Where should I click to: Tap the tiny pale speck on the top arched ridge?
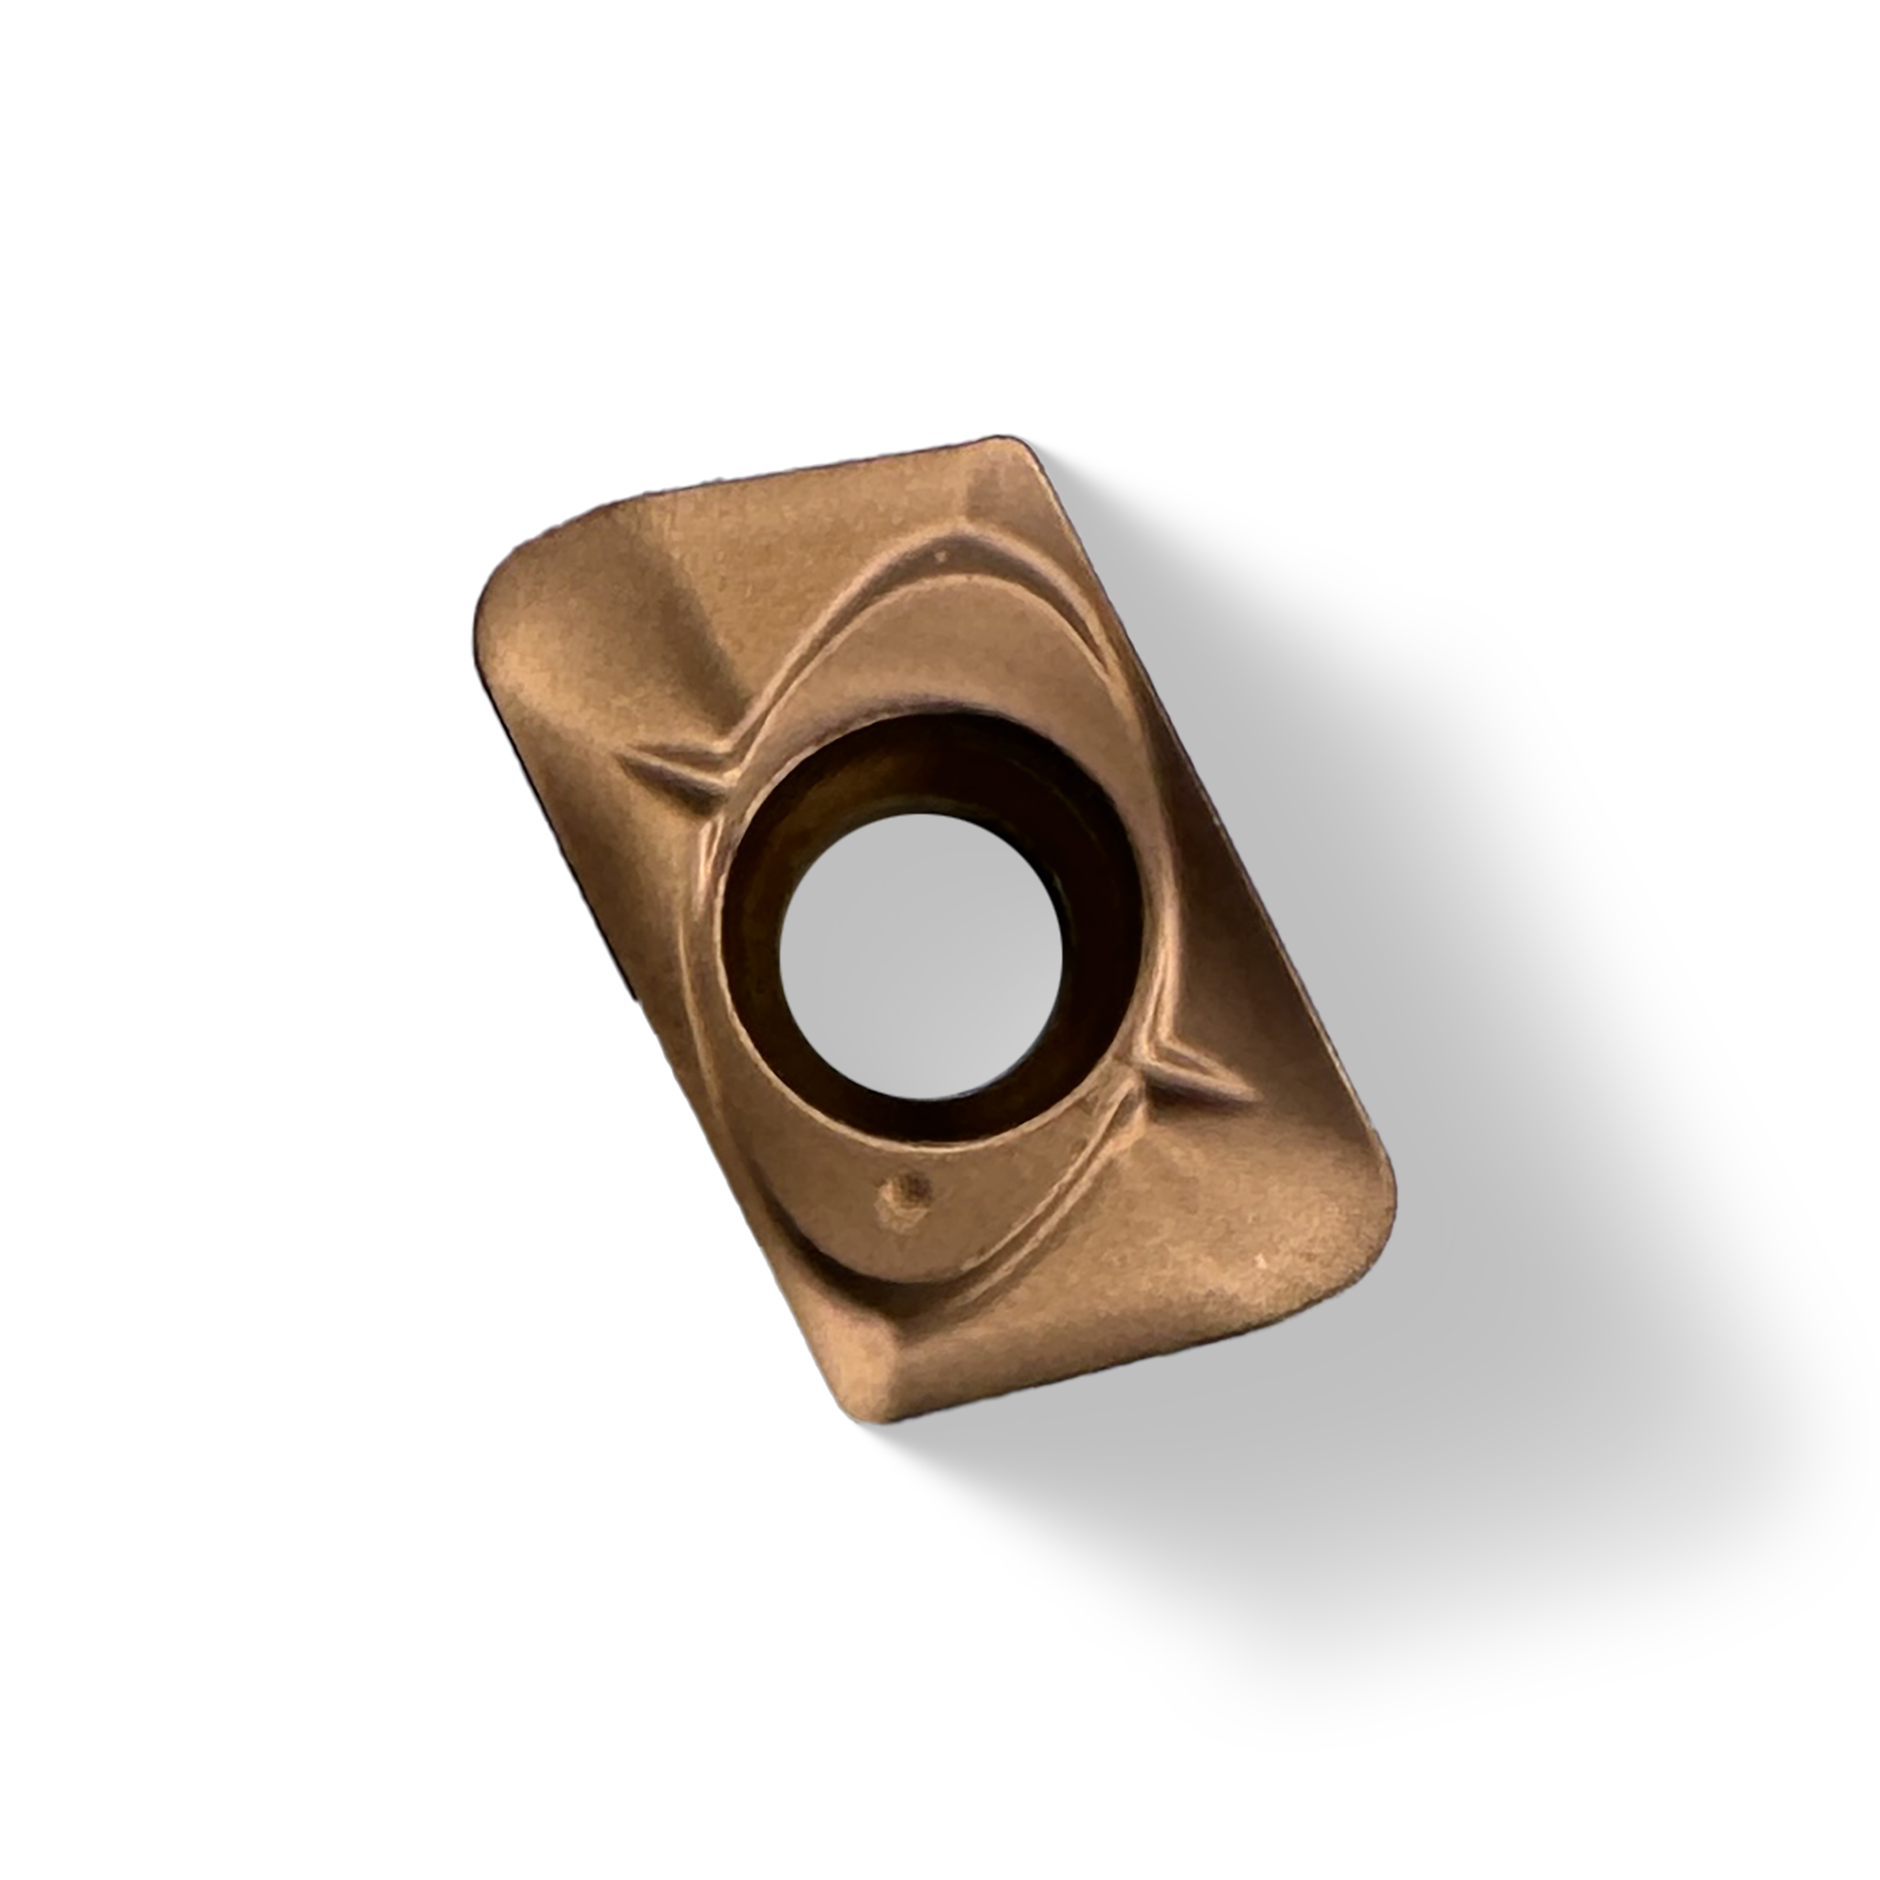[x=940, y=558]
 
